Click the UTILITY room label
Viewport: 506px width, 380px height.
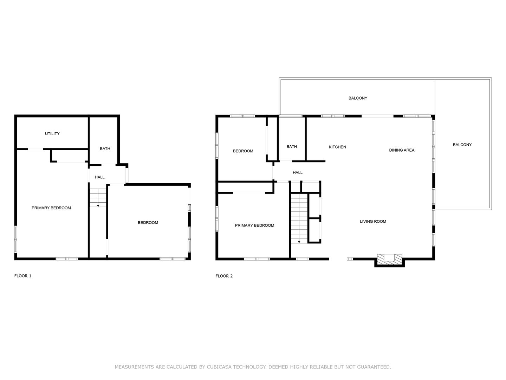tap(52, 134)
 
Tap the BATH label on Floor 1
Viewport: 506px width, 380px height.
tap(105, 148)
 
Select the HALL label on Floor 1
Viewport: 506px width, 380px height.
tap(99, 177)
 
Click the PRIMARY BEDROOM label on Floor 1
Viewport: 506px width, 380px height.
tap(51, 208)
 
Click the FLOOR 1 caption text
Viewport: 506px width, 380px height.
tap(22, 276)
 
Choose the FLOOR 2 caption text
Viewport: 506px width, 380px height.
tap(224, 276)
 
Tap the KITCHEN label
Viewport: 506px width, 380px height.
tap(337, 147)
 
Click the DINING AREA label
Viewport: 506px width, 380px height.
tap(402, 150)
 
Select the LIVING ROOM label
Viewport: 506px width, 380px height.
tap(373, 222)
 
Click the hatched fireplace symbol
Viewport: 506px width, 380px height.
tap(389, 258)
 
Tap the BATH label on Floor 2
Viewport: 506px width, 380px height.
tap(292, 146)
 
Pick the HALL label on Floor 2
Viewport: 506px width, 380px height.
tap(297, 172)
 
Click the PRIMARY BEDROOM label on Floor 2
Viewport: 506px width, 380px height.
tap(254, 226)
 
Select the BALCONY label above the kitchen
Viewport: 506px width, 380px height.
tap(358, 98)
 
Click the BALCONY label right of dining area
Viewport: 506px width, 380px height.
tap(462, 145)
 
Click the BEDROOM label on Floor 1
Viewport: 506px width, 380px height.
tap(148, 223)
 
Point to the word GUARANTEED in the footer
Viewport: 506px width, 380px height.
tap(374, 367)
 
